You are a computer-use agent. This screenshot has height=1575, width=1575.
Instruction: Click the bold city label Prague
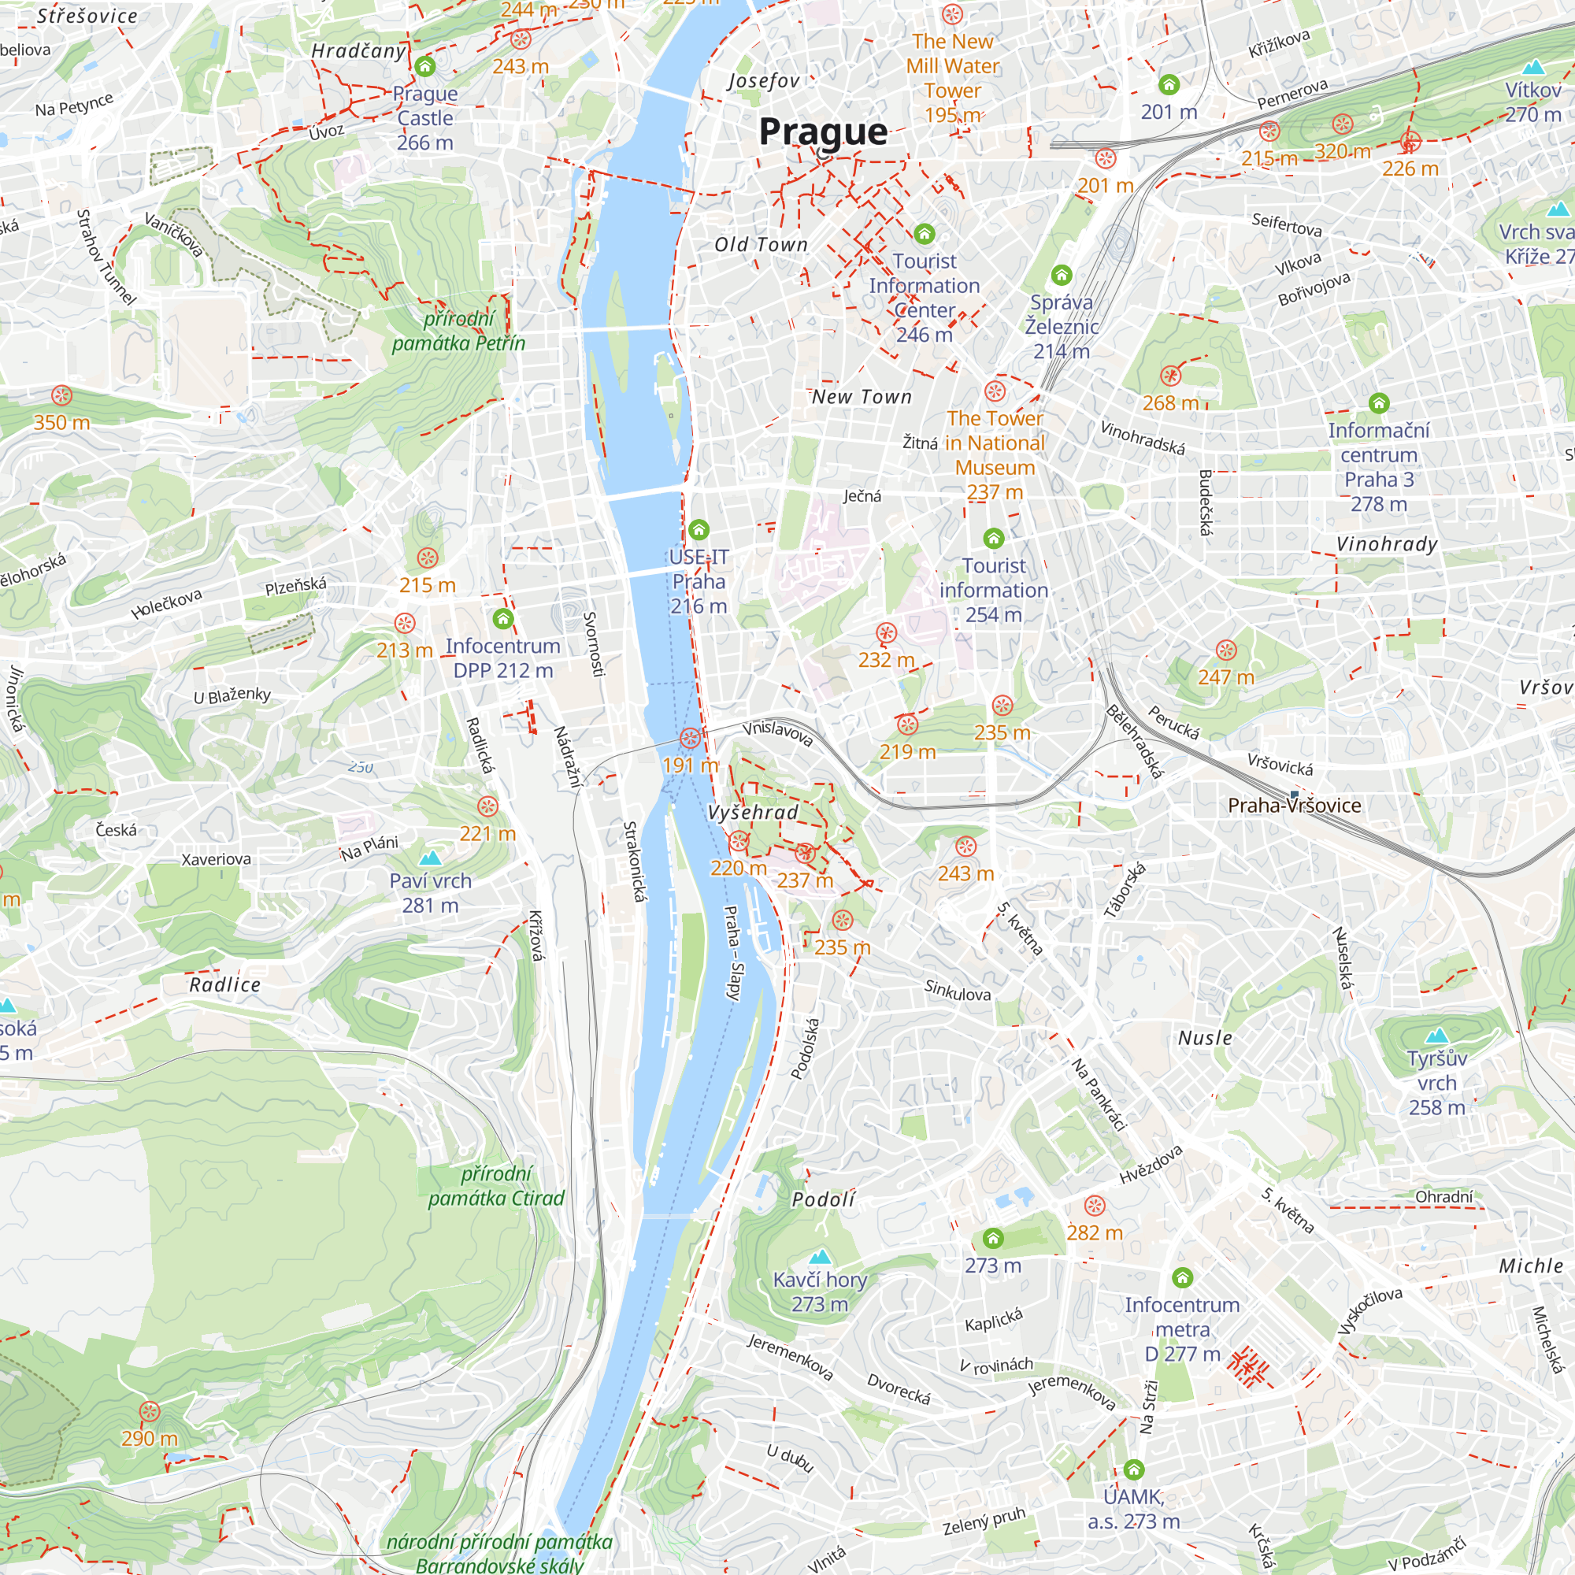(x=823, y=132)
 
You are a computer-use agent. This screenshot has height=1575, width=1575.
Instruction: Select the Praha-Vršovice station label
(x=1295, y=806)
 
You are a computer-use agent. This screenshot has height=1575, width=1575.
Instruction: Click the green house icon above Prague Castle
(x=424, y=66)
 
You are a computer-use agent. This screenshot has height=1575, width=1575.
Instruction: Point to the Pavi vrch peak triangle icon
(x=430, y=858)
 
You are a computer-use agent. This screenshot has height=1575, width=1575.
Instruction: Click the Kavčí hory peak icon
(x=820, y=1256)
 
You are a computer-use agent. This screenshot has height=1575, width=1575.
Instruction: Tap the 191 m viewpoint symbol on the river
(x=690, y=738)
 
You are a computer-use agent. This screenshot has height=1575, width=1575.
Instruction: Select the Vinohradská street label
(x=1142, y=438)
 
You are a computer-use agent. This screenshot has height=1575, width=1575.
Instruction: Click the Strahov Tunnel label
(x=106, y=258)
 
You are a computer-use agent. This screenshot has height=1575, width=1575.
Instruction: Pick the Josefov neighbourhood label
(x=763, y=80)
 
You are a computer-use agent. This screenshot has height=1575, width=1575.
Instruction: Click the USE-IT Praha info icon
(x=699, y=530)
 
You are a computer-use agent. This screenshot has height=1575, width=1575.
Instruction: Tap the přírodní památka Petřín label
(x=458, y=331)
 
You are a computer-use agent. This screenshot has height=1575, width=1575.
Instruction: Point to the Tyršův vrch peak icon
(x=1436, y=1036)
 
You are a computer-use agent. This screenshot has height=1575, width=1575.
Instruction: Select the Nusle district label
(x=1205, y=1038)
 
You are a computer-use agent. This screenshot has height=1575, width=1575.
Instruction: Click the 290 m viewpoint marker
(x=149, y=1411)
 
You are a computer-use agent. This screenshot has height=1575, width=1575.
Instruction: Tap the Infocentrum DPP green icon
(x=503, y=620)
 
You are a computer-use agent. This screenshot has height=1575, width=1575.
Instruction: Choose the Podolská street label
(x=806, y=1048)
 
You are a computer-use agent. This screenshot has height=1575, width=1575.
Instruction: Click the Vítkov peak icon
(x=1532, y=67)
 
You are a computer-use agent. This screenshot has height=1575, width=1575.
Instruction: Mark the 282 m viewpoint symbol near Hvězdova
(x=1095, y=1205)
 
